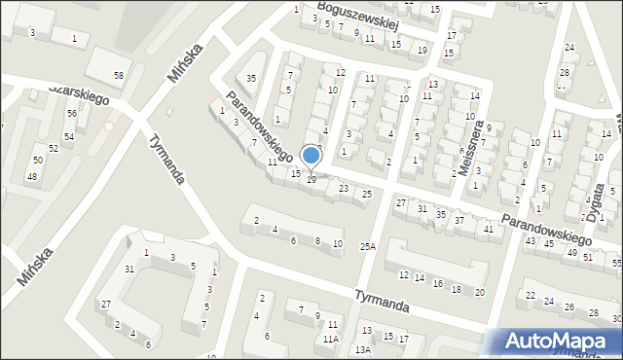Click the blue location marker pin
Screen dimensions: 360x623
311,157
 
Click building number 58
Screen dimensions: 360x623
119,75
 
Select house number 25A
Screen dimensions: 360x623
367,247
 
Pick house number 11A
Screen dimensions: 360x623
331,339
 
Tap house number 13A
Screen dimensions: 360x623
362,348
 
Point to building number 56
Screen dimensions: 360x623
71,113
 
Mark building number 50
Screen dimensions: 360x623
38,160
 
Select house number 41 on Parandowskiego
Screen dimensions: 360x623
488,229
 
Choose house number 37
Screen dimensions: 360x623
459,221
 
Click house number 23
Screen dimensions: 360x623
344,188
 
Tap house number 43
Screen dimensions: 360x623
531,240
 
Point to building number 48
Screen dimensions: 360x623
32,176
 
